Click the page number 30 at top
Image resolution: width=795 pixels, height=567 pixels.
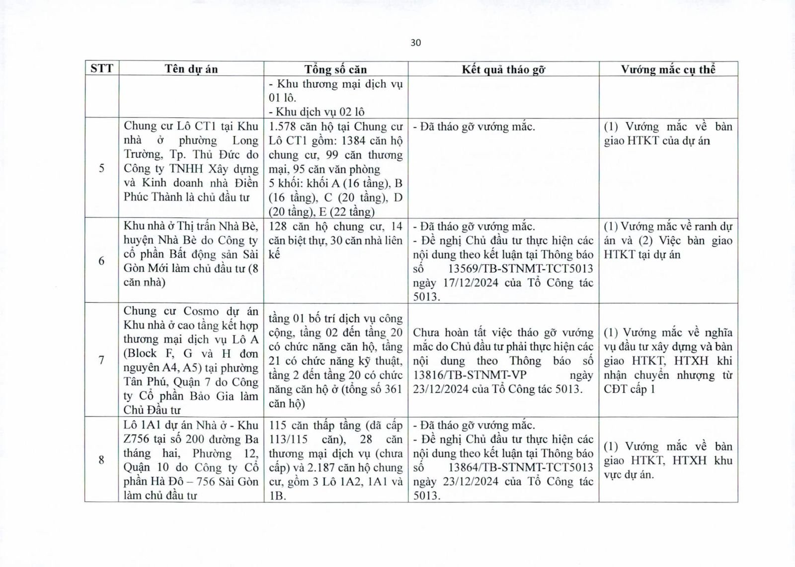point(416,43)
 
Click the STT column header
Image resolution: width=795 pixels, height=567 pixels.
point(101,69)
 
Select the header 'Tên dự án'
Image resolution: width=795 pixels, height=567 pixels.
point(191,69)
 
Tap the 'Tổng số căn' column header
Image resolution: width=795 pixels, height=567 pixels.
point(335,70)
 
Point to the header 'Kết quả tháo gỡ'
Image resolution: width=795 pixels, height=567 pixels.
point(503,70)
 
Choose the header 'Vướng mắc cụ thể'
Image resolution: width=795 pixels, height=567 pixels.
point(668,70)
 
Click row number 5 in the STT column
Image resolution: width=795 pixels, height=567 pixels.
point(101,168)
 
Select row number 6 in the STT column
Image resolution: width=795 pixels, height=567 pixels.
point(101,261)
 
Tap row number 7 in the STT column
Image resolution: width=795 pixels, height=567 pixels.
point(101,360)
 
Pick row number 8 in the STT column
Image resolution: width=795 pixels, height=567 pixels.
point(101,460)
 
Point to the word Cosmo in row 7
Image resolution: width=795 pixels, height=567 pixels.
point(201,311)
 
